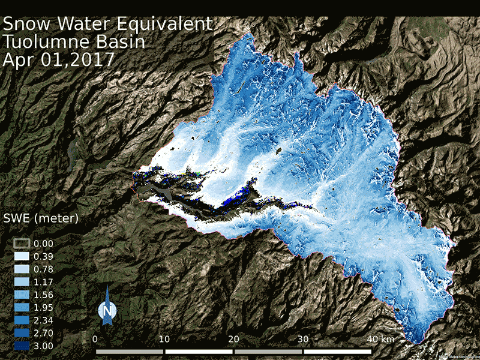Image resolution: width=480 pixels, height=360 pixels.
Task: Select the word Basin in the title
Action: pyautogui.click(x=124, y=43)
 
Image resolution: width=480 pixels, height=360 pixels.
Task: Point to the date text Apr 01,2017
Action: pyautogui.click(x=59, y=61)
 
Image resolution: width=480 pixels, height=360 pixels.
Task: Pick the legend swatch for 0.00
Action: pyautogui.click(x=23, y=244)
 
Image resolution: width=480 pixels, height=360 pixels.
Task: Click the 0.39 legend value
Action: pyautogui.click(x=44, y=256)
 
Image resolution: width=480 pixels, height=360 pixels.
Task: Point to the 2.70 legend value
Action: pyautogui.click(x=44, y=333)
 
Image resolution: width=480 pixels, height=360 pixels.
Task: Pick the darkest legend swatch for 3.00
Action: pyautogui.click(x=23, y=346)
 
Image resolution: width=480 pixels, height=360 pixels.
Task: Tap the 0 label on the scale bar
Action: pyautogui.click(x=96, y=339)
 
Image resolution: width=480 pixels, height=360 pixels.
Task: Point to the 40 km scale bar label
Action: pyautogui.click(x=380, y=339)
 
